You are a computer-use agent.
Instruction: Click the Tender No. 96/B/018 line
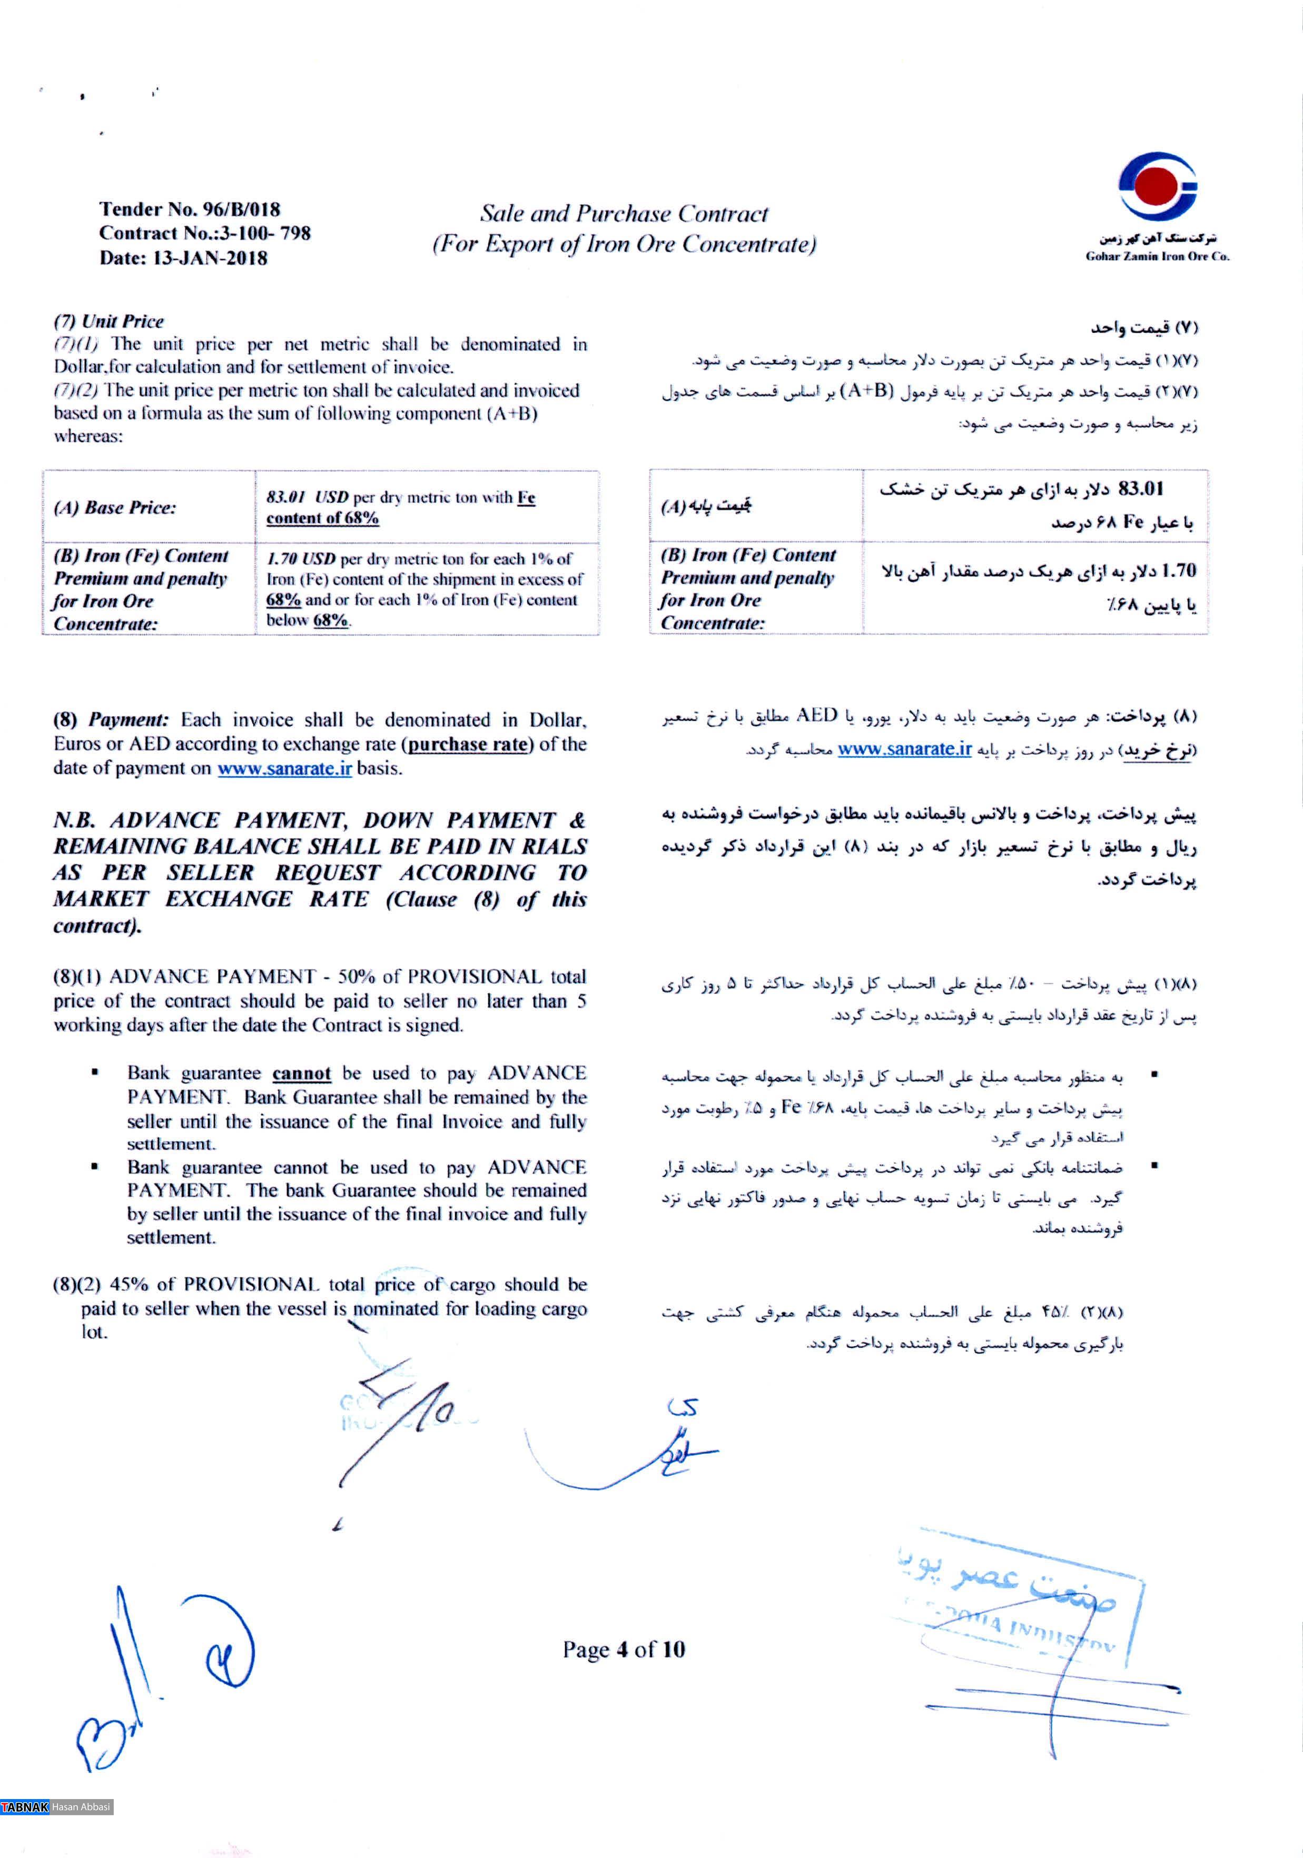point(190,210)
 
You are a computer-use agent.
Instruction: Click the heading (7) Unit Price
point(108,321)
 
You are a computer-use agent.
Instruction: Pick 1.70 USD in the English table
point(301,559)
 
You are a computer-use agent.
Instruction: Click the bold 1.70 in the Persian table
point(1178,571)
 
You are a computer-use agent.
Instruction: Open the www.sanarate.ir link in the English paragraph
point(285,768)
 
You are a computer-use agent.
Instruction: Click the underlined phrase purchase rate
point(468,744)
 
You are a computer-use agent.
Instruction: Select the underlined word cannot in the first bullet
point(302,1074)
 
